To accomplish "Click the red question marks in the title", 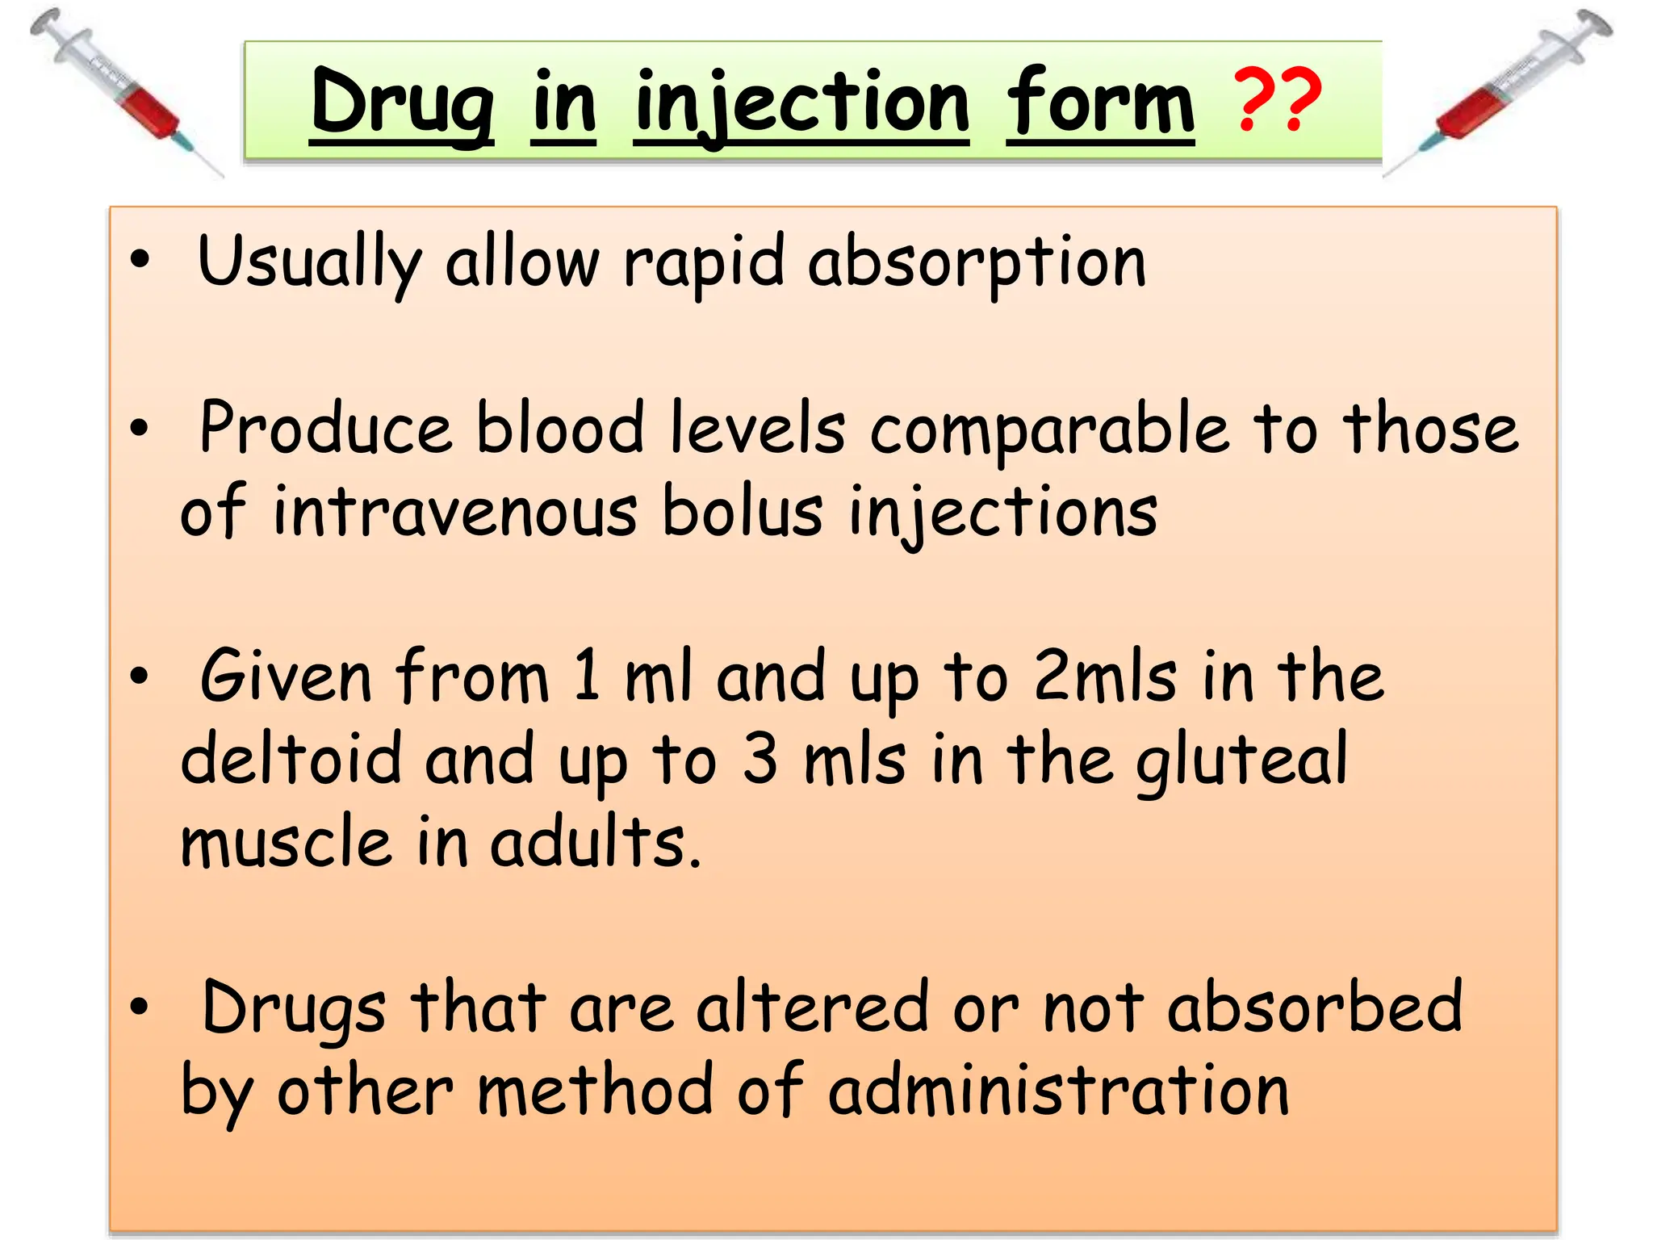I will click(x=1278, y=102).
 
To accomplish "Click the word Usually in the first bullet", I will click(x=309, y=262).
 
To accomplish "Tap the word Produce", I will click(x=325, y=429).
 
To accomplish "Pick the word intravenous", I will click(x=455, y=513).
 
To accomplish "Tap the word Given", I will click(x=286, y=677).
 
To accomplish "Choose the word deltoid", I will click(x=291, y=758).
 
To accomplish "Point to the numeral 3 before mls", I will click(x=760, y=758).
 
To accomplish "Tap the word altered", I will click(x=812, y=1007).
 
